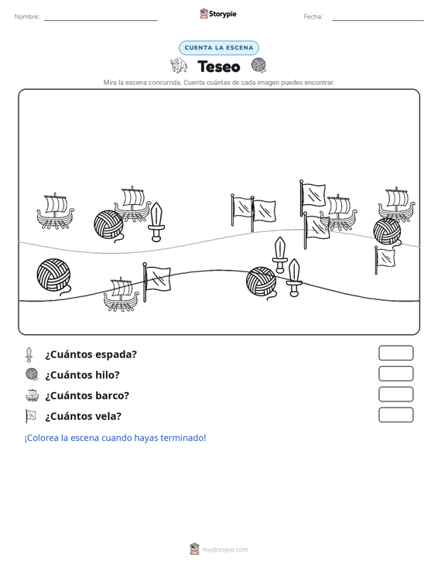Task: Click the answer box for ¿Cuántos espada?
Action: (x=395, y=353)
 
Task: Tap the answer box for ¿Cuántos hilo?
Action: (x=395, y=374)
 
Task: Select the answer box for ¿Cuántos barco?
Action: (x=395, y=395)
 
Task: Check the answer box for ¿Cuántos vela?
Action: (x=395, y=415)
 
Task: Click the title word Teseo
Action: (x=219, y=67)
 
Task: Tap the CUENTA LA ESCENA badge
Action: (x=219, y=48)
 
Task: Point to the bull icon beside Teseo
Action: (x=179, y=66)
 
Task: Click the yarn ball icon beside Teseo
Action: (x=259, y=65)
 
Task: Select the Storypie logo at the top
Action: (x=218, y=14)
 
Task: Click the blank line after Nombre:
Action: (x=101, y=20)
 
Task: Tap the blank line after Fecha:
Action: (x=378, y=20)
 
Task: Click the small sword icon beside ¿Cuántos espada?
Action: (x=29, y=355)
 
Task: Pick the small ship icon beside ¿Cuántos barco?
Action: (x=33, y=395)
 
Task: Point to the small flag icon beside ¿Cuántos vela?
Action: (x=31, y=416)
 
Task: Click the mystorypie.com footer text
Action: (x=225, y=550)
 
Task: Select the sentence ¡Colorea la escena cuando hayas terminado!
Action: (x=115, y=438)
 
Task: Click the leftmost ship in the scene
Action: (x=55, y=211)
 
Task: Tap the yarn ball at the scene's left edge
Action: (x=54, y=277)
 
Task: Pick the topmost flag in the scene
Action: (x=313, y=197)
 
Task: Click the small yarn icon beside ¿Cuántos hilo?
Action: (x=33, y=374)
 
